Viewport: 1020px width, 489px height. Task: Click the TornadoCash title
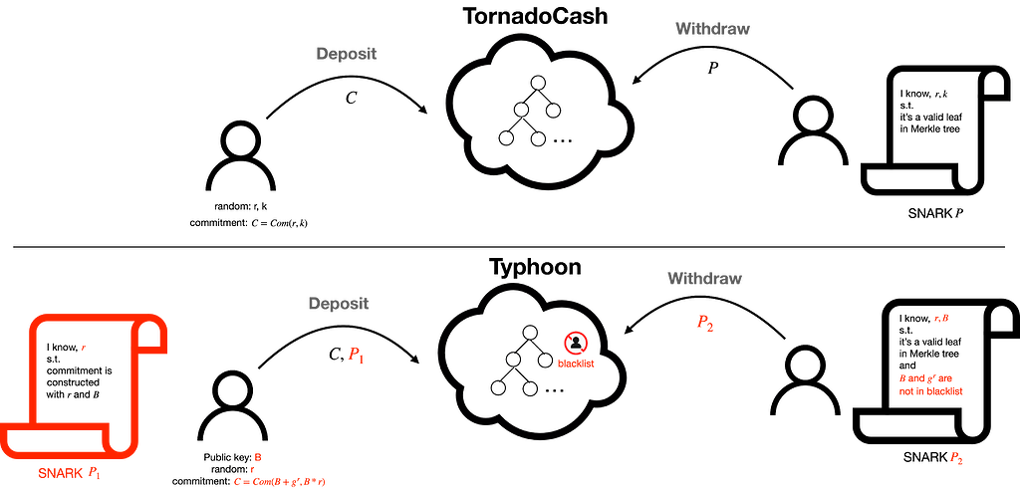point(535,16)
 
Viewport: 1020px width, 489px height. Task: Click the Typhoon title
point(535,267)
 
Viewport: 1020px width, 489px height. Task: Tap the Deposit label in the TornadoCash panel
point(346,54)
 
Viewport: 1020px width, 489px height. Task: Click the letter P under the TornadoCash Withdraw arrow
point(713,68)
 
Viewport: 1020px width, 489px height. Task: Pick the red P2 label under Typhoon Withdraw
point(705,324)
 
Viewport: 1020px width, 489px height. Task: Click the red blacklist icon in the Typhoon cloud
point(575,343)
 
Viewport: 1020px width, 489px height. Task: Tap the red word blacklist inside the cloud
point(576,365)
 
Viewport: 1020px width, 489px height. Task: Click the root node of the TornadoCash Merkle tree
point(537,83)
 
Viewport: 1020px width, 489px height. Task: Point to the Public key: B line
point(231,458)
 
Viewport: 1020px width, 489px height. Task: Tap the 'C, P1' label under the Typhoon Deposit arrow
point(348,355)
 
